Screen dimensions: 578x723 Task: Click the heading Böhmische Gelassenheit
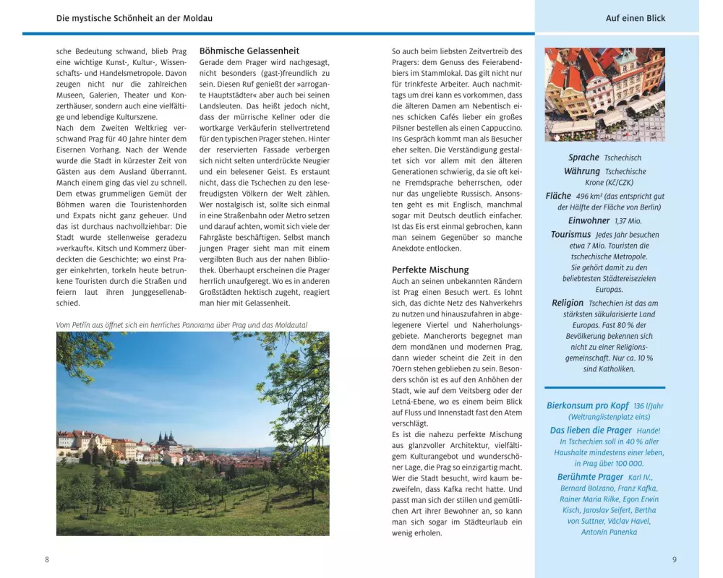pos(249,51)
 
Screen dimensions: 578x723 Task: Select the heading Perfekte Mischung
pos(430,269)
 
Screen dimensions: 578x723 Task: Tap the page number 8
pos(47,559)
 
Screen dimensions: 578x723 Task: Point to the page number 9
pos(674,559)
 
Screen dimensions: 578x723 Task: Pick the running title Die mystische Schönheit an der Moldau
pos(140,17)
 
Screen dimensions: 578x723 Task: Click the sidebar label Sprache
pos(583,158)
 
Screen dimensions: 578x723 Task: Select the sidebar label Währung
pos(582,171)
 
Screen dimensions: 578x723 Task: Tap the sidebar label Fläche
pos(559,196)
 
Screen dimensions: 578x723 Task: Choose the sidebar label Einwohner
pos(589,221)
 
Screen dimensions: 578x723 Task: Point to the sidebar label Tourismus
pos(570,235)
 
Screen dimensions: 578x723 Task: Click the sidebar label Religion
pos(568,303)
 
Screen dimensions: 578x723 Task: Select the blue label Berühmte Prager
pos(590,477)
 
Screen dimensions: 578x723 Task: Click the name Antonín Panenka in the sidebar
pos(609,532)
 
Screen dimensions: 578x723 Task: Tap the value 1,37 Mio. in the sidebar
pos(628,221)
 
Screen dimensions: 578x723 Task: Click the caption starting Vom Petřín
pos(181,325)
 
